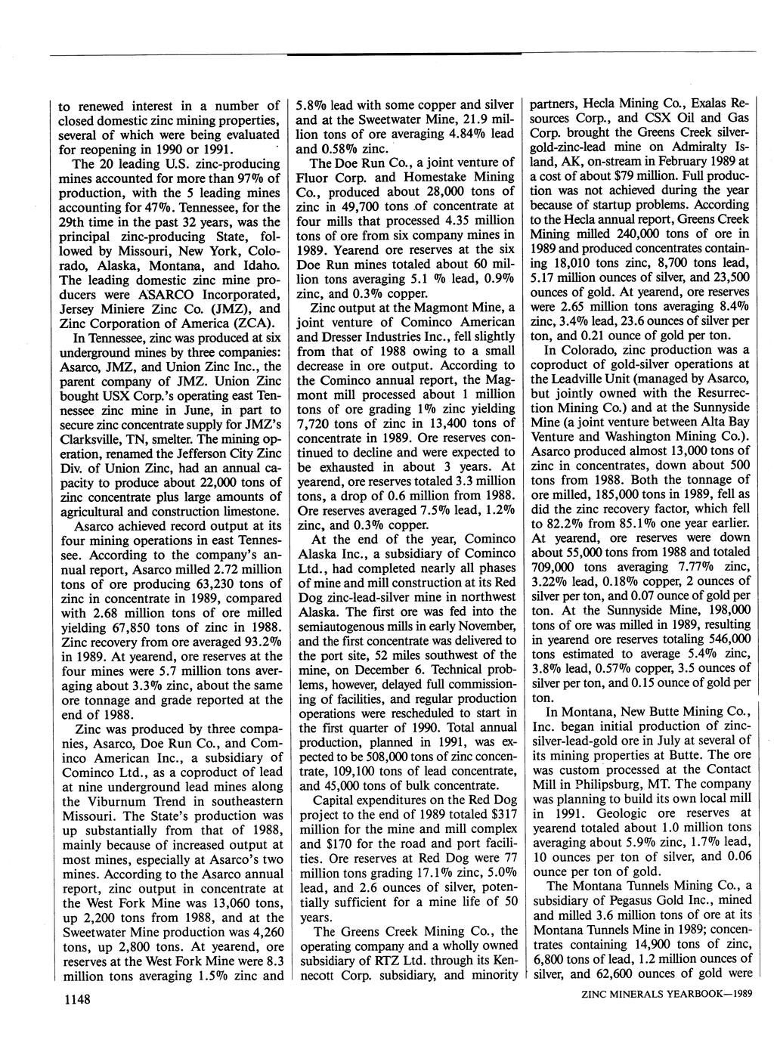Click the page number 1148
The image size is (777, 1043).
tap(78, 999)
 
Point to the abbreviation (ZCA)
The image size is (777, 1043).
tap(249, 323)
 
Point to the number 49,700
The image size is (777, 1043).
tap(348, 205)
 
